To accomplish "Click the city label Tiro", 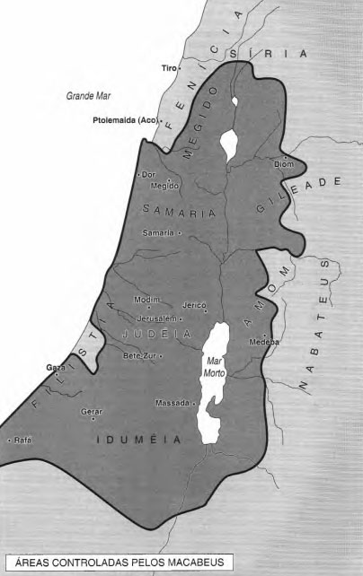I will (x=168, y=68).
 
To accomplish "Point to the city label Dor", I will (x=149, y=174).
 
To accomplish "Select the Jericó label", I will (x=195, y=305).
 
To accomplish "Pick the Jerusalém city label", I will (x=153, y=319).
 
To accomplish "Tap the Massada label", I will (x=172, y=403).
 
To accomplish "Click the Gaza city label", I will (x=56, y=368).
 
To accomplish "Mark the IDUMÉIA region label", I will (x=139, y=440).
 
